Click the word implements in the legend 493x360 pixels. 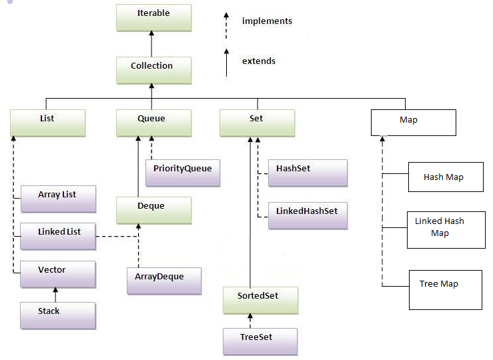[x=267, y=21]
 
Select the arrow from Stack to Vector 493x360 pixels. [x=56, y=295]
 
